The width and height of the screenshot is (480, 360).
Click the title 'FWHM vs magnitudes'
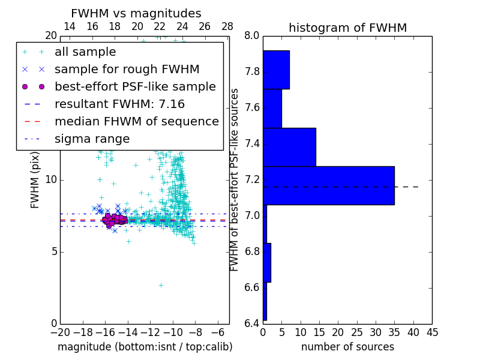click(136, 13)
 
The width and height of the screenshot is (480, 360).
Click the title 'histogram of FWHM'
click(347, 28)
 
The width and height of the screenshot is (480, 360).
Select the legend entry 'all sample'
click(85, 52)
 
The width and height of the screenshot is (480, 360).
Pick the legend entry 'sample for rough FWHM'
click(127, 70)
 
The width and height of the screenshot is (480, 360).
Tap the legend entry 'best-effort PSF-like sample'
click(135, 87)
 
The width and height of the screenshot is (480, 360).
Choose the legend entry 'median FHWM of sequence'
click(136, 122)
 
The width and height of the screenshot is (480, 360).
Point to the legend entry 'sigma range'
click(92, 139)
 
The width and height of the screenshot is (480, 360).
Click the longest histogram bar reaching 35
click(328, 185)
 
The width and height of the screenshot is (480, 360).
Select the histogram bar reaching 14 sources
click(289, 147)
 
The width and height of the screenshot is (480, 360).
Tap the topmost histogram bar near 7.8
click(276, 70)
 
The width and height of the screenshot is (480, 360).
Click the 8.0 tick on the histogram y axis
click(252, 36)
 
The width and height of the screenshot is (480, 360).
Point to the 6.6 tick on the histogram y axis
click(252, 287)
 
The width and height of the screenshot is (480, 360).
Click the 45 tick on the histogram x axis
click(432, 331)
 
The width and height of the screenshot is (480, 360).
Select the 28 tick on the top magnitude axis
click(227, 26)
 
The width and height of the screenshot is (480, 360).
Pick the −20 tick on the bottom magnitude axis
click(60, 331)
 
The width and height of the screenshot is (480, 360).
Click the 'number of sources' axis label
click(347, 347)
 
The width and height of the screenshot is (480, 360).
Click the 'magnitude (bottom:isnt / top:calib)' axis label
click(145, 347)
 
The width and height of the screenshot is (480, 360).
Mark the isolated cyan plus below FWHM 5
click(161, 285)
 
